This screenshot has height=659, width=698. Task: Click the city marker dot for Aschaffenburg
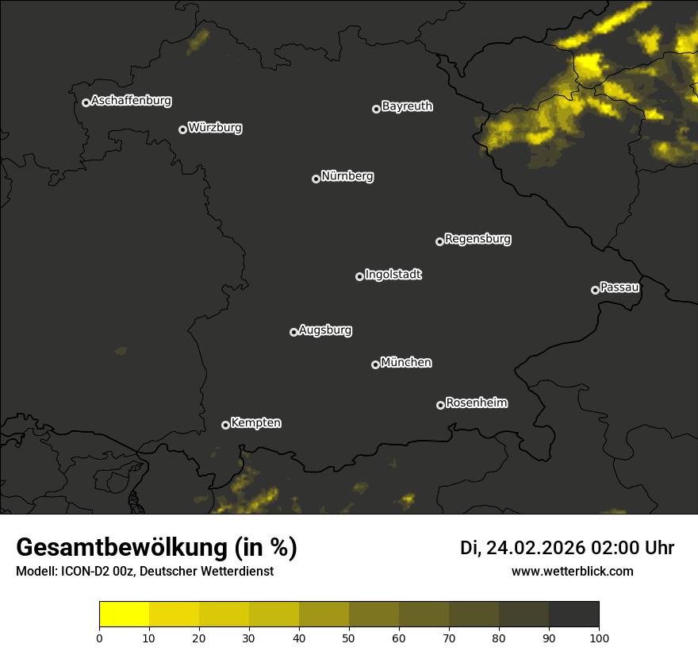tap(86, 102)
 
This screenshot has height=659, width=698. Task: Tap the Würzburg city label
tap(215, 128)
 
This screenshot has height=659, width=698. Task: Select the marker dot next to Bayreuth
tap(376, 109)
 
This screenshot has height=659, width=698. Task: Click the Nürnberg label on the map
tap(347, 176)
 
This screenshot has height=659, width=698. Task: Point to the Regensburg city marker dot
tap(439, 241)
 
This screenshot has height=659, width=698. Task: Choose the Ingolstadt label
tap(393, 275)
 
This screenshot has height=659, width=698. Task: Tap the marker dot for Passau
tap(595, 290)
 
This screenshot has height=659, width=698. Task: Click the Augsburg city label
tap(325, 330)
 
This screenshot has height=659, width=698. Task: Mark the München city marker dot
tap(375, 364)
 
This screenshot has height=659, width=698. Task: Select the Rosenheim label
tap(476, 403)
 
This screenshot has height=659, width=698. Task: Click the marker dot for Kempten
tap(225, 425)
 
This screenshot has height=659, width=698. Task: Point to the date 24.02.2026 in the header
tap(535, 548)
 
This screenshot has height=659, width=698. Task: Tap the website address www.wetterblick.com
tap(573, 571)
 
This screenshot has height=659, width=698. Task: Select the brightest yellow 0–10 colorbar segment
tap(125, 615)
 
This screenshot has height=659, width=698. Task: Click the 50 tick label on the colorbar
tap(349, 638)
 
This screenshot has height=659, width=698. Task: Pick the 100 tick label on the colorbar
tap(599, 638)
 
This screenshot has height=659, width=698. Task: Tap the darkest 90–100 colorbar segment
tap(573, 615)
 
